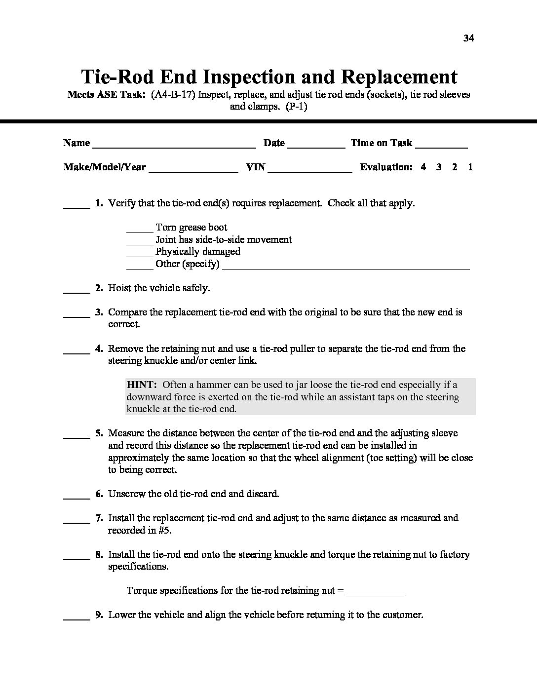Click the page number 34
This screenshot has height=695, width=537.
468,39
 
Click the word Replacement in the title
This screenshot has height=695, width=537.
399,77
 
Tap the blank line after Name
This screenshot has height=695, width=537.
174,145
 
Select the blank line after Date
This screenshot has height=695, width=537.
316,145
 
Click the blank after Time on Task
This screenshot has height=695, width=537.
441,145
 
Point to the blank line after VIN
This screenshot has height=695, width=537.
310,169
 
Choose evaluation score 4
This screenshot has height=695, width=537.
423,167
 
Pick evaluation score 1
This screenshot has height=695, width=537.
470,167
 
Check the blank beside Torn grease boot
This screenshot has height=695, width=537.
140,229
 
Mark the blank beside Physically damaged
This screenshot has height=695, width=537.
140,253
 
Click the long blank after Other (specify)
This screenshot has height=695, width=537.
345,267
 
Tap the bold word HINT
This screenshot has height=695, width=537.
142,385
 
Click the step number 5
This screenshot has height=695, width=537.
99,433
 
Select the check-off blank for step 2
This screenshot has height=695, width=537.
77,290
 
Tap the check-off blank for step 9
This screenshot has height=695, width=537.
77,617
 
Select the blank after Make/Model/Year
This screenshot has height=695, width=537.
193,169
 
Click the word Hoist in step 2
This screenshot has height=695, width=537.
120,288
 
